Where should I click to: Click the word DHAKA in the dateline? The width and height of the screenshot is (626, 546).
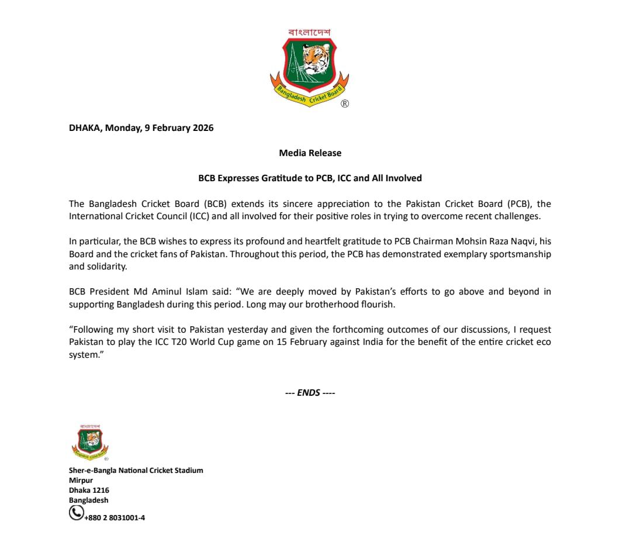coord(85,128)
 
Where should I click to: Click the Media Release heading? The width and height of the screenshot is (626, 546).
coord(310,153)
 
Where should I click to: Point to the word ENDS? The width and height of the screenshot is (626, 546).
coord(309,393)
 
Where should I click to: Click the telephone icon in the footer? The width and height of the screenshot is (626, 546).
coord(76,513)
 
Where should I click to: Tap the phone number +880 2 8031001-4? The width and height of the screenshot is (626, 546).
coord(115,517)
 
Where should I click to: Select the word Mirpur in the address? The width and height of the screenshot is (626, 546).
coord(81,481)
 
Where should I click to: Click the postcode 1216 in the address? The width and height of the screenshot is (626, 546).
coord(100,490)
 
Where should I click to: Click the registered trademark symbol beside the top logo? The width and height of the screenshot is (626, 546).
coord(345,103)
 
